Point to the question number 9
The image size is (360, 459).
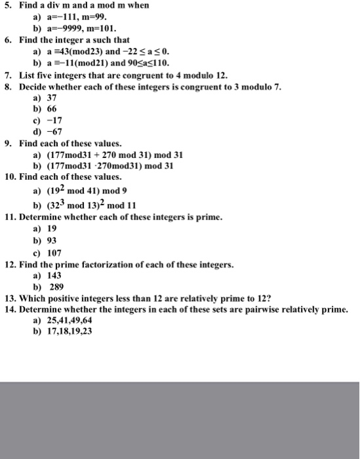pos(9,142)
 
